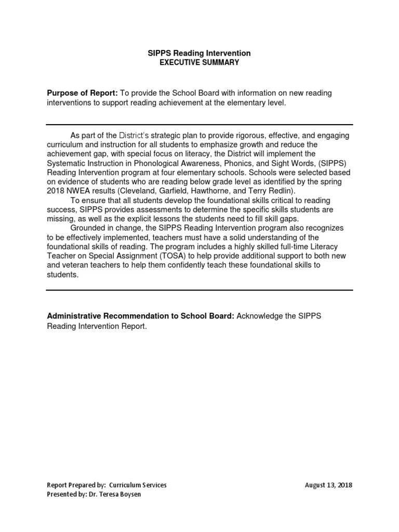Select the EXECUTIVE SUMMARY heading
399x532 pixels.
(199, 62)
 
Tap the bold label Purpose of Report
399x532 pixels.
(82, 93)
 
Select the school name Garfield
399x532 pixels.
(174, 191)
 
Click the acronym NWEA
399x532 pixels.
(77, 191)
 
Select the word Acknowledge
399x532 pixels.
(259, 316)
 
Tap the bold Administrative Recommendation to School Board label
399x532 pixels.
(141, 316)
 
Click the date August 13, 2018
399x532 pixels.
(328, 485)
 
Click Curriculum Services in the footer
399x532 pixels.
(138, 485)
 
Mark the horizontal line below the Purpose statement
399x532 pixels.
(200, 125)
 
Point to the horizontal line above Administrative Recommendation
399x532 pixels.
(200, 290)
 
